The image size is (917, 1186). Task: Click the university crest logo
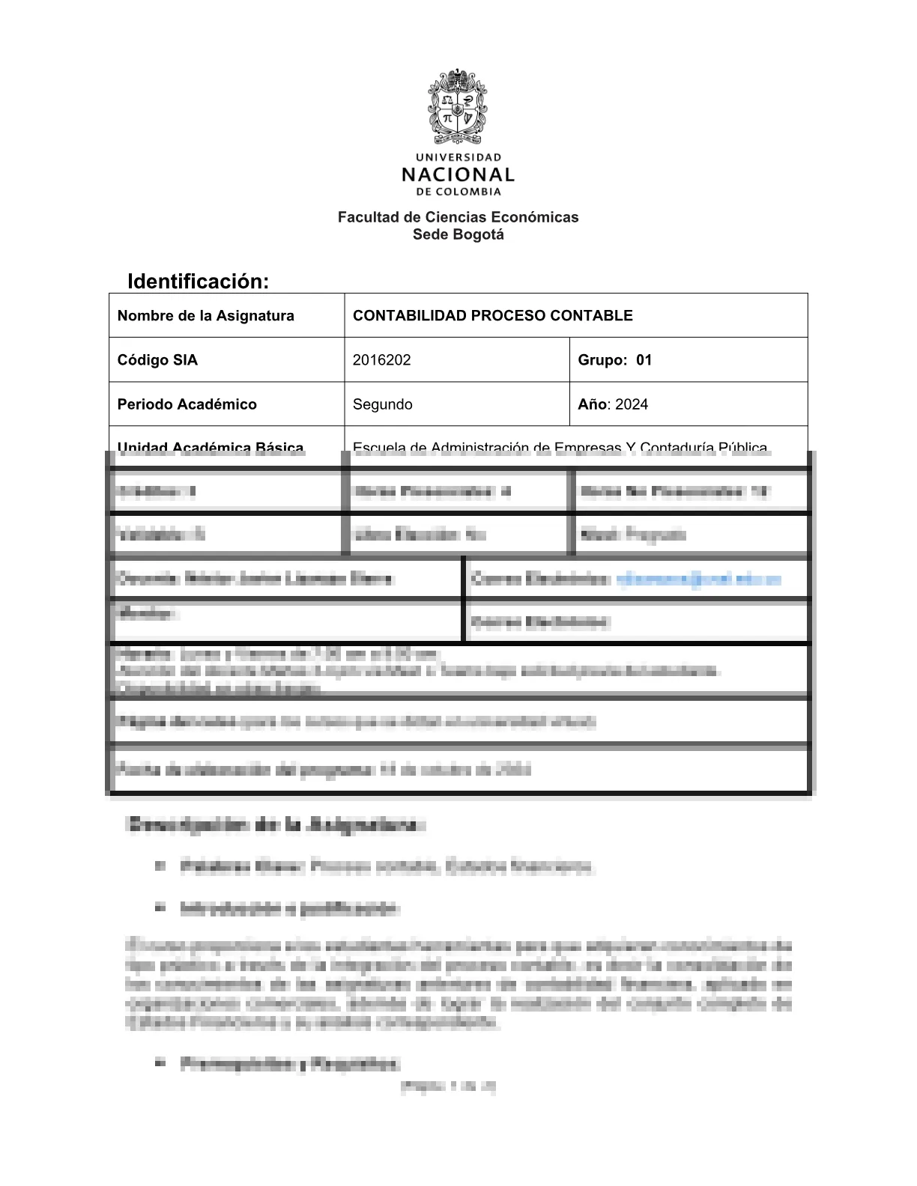pos(458,106)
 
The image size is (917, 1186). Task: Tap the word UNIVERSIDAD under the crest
pos(458,157)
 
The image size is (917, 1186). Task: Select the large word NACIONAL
pos(458,175)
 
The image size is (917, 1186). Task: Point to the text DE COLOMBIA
pos(458,192)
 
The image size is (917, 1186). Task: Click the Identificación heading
pos(198,282)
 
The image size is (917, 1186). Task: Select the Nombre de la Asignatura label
pos(205,315)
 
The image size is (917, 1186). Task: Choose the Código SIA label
pos(157,359)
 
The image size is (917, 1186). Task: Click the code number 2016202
pos(381,359)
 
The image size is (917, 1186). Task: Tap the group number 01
pos(644,359)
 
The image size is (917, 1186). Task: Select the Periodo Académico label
pos(187,404)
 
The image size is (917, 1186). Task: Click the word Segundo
pos(382,404)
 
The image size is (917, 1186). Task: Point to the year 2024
pos(632,404)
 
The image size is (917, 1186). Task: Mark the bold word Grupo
pos(601,359)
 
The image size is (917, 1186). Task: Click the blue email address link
pos(698,579)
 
